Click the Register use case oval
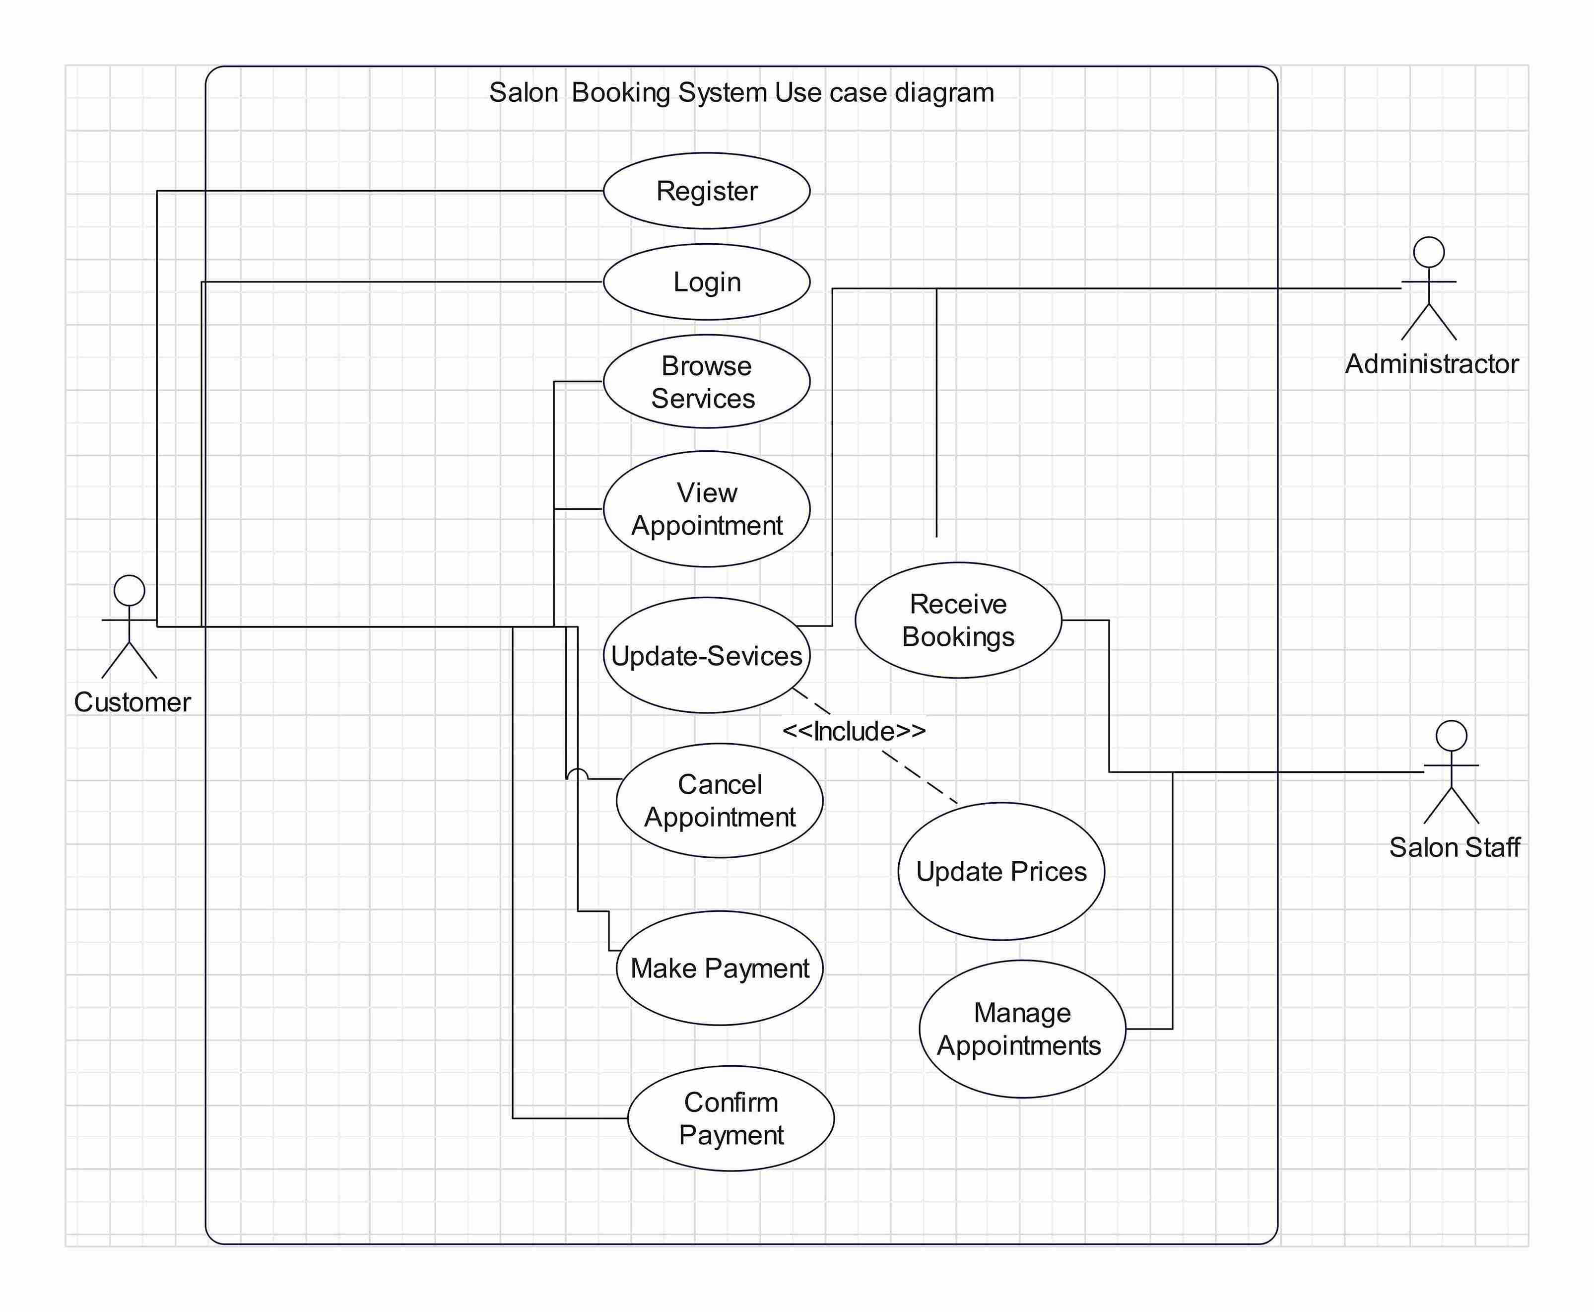point(706,191)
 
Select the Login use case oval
point(706,282)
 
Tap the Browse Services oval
point(706,382)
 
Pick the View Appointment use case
point(706,509)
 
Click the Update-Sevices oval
point(706,655)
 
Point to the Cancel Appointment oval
point(719,800)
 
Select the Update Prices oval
point(1001,871)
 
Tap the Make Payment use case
point(719,968)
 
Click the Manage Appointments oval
point(1021,1029)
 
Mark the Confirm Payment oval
point(731,1118)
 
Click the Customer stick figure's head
point(129,590)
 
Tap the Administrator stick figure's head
point(1429,253)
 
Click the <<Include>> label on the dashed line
point(854,731)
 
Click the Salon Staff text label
point(1454,847)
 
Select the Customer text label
point(132,702)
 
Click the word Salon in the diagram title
point(524,93)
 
